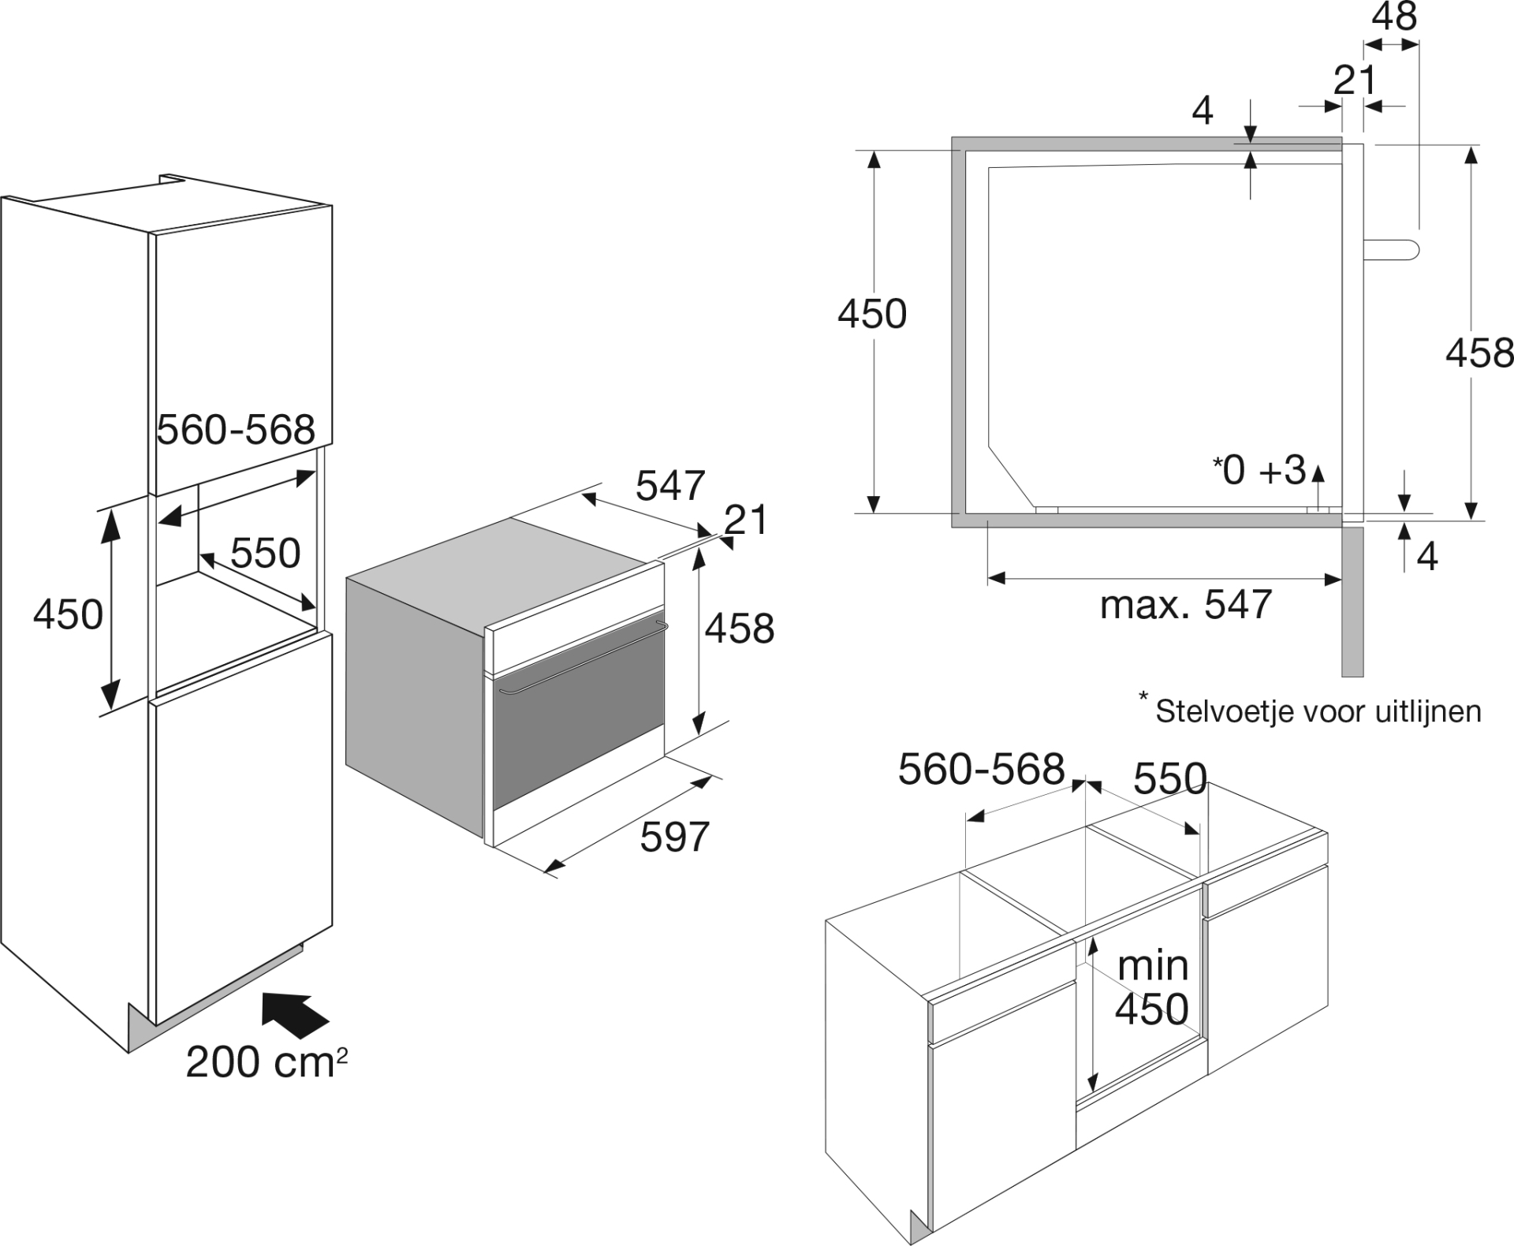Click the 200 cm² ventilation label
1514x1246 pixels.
pos(267,1061)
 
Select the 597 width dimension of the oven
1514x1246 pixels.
pos(675,836)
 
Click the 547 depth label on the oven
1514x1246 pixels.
pos(670,486)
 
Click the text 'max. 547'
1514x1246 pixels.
pos(1186,604)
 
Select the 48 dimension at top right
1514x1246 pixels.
pos(1394,16)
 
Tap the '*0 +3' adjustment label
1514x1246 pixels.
pos(1259,470)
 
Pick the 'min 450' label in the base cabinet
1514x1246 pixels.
pos(1152,987)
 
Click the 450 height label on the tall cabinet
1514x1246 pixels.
pos(68,614)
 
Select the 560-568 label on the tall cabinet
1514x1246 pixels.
pos(236,430)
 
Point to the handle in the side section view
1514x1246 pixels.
pos(1392,249)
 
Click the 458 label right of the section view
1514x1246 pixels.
pos(1479,353)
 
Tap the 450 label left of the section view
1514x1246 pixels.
pos(872,314)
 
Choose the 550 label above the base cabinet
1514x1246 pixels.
pos(1170,779)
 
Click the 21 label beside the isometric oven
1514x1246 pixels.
pos(745,520)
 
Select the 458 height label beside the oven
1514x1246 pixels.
pos(740,629)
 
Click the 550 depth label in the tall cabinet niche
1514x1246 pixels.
pos(266,553)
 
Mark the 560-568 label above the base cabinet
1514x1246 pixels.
pos(982,769)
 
